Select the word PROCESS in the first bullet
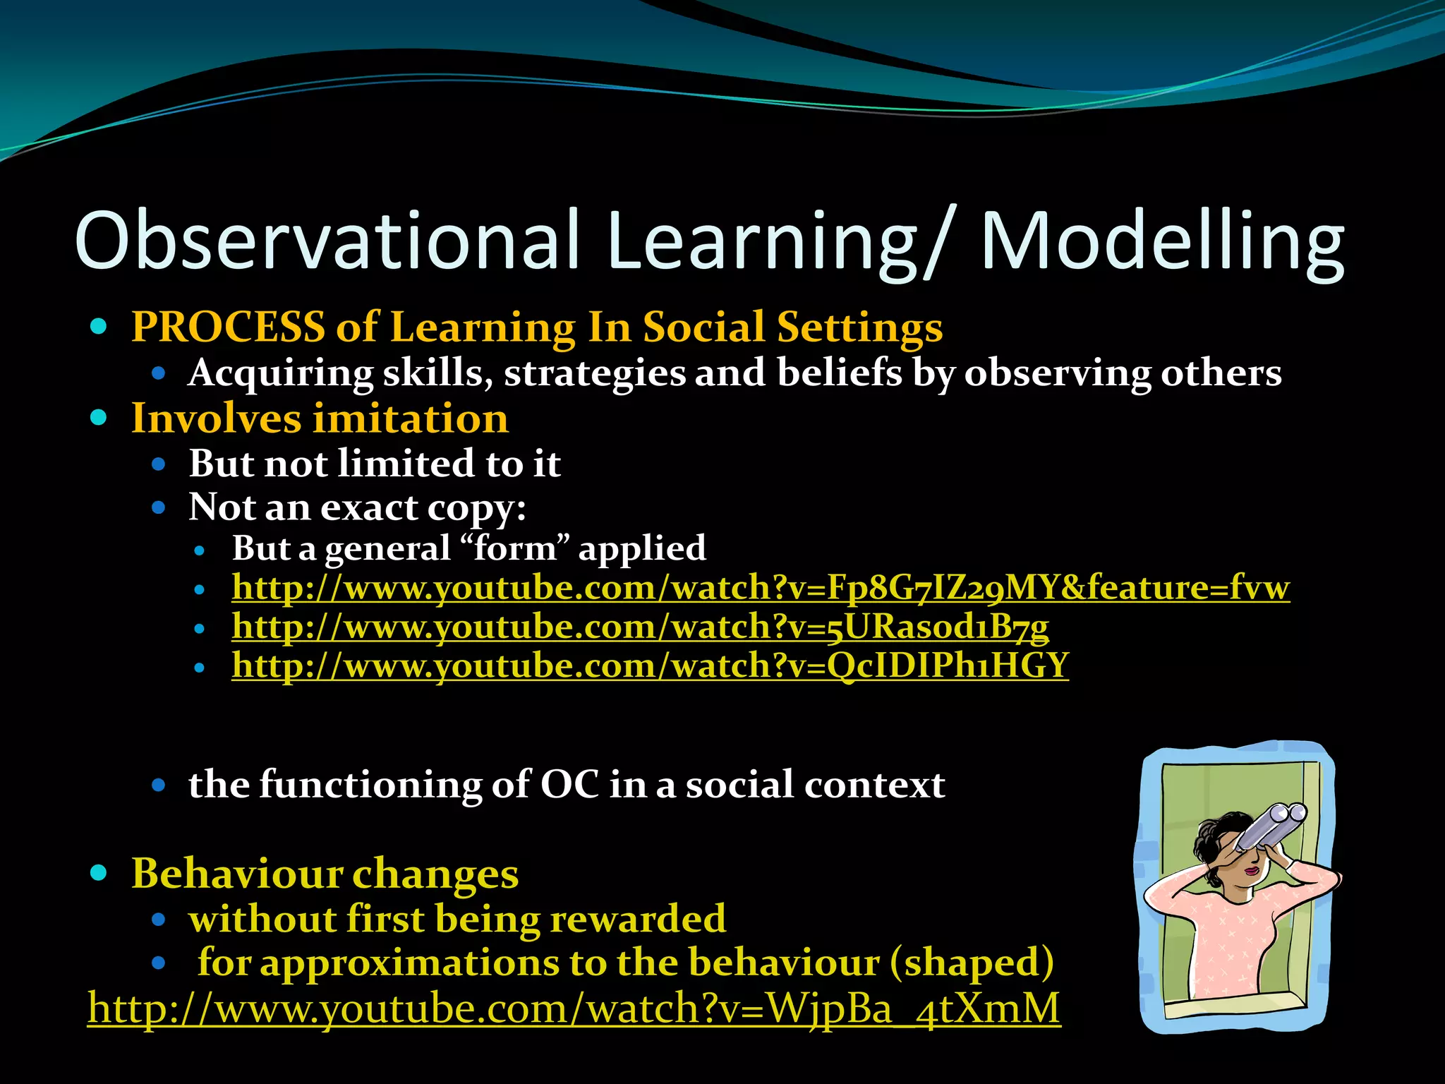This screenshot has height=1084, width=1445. [228, 327]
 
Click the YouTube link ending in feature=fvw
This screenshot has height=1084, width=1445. [760, 587]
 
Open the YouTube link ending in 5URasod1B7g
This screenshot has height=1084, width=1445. [640, 627]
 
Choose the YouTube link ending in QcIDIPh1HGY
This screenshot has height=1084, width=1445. [650, 666]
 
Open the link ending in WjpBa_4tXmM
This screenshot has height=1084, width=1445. [573, 1008]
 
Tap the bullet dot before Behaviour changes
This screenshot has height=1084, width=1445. [99, 873]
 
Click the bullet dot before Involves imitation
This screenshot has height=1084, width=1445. [99, 418]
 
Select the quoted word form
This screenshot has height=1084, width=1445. [515, 548]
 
